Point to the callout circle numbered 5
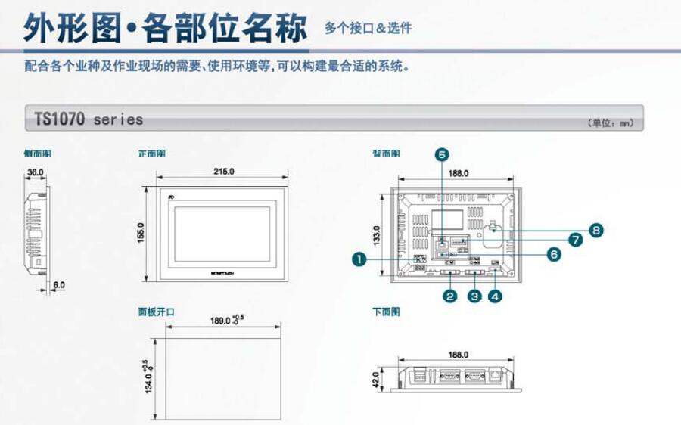coord(442,154)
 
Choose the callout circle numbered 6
coord(554,255)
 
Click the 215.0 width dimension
coord(224,172)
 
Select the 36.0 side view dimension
coord(35,172)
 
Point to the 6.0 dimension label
coord(58,285)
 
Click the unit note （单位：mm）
coord(610,123)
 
